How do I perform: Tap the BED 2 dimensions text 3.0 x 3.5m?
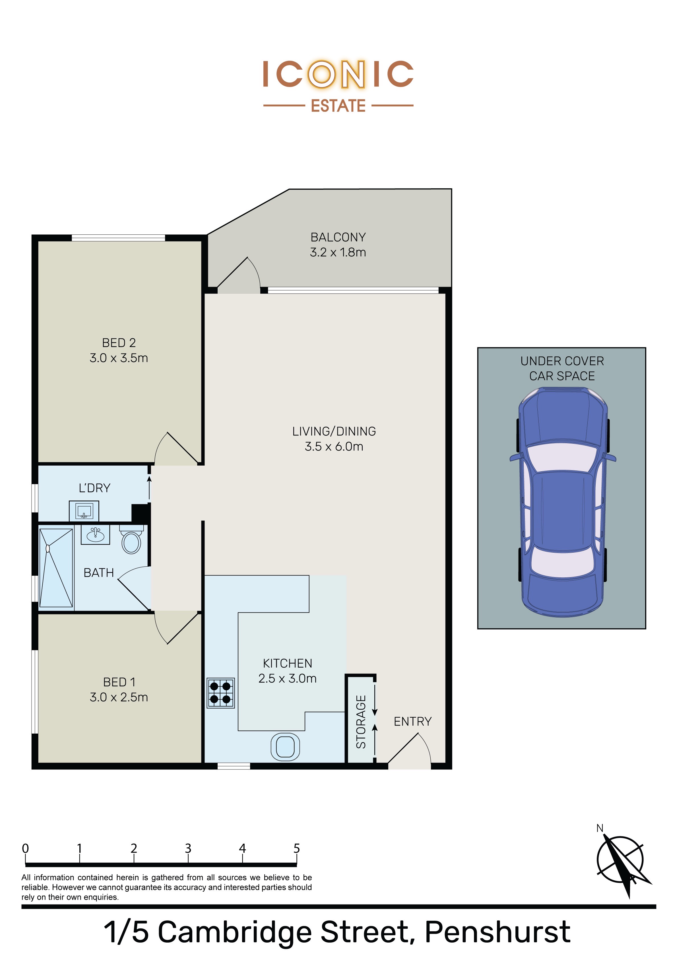(119, 358)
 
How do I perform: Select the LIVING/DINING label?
(334, 431)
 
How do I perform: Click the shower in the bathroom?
(56, 567)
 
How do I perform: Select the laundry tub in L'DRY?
(84, 511)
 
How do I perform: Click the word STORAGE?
(361, 722)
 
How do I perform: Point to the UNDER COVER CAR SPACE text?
(562, 368)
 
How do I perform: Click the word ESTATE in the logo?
(338, 106)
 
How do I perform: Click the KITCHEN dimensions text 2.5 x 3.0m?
(288, 678)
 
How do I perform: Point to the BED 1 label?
(119, 682)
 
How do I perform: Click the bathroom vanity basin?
(96, 534)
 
